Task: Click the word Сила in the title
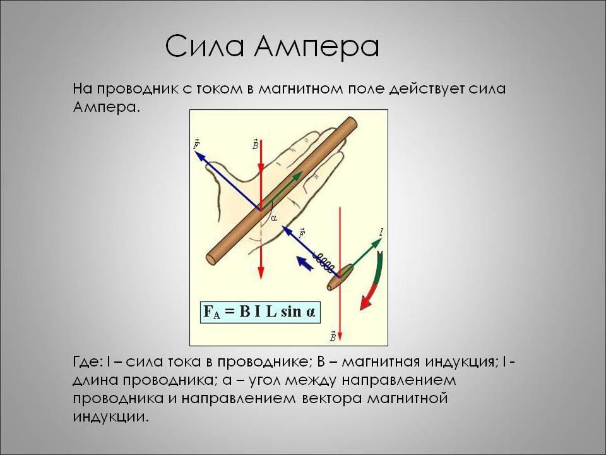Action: coord(205,46)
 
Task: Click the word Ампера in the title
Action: coord(317,47)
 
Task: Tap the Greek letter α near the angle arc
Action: coord(274,219)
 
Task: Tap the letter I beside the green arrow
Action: coord(381,232)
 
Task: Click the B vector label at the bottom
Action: coord(333,336)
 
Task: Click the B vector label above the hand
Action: coord(255,144)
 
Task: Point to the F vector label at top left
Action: coord(197,144)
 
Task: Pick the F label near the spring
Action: coord(302,234)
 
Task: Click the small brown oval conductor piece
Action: coord(340,277)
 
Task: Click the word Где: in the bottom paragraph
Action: coord(87,362)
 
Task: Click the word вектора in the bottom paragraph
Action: coord(331,399)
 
